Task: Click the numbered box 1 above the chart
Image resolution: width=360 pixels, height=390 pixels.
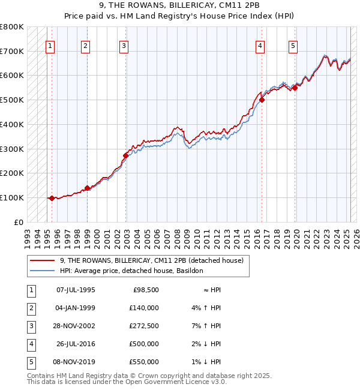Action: [50, 45]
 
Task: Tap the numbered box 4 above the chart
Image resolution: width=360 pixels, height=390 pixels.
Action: [260, 45]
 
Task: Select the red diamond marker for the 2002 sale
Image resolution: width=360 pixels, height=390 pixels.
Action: [125, 155]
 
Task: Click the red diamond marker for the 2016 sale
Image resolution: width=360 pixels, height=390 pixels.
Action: [262, 100]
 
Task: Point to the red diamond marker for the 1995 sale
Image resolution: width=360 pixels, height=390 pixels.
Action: [52, 198]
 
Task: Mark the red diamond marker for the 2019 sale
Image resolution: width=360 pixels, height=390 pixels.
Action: [295, 88]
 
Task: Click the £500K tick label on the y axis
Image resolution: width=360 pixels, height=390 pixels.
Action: [12, 100]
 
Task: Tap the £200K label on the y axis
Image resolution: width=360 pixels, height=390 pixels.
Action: [12, 173]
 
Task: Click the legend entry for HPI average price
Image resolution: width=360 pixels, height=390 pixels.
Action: [131, 271]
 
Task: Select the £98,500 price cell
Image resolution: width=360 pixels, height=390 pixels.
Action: [145, 290]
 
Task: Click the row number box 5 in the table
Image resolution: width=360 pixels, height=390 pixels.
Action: [30, 362]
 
